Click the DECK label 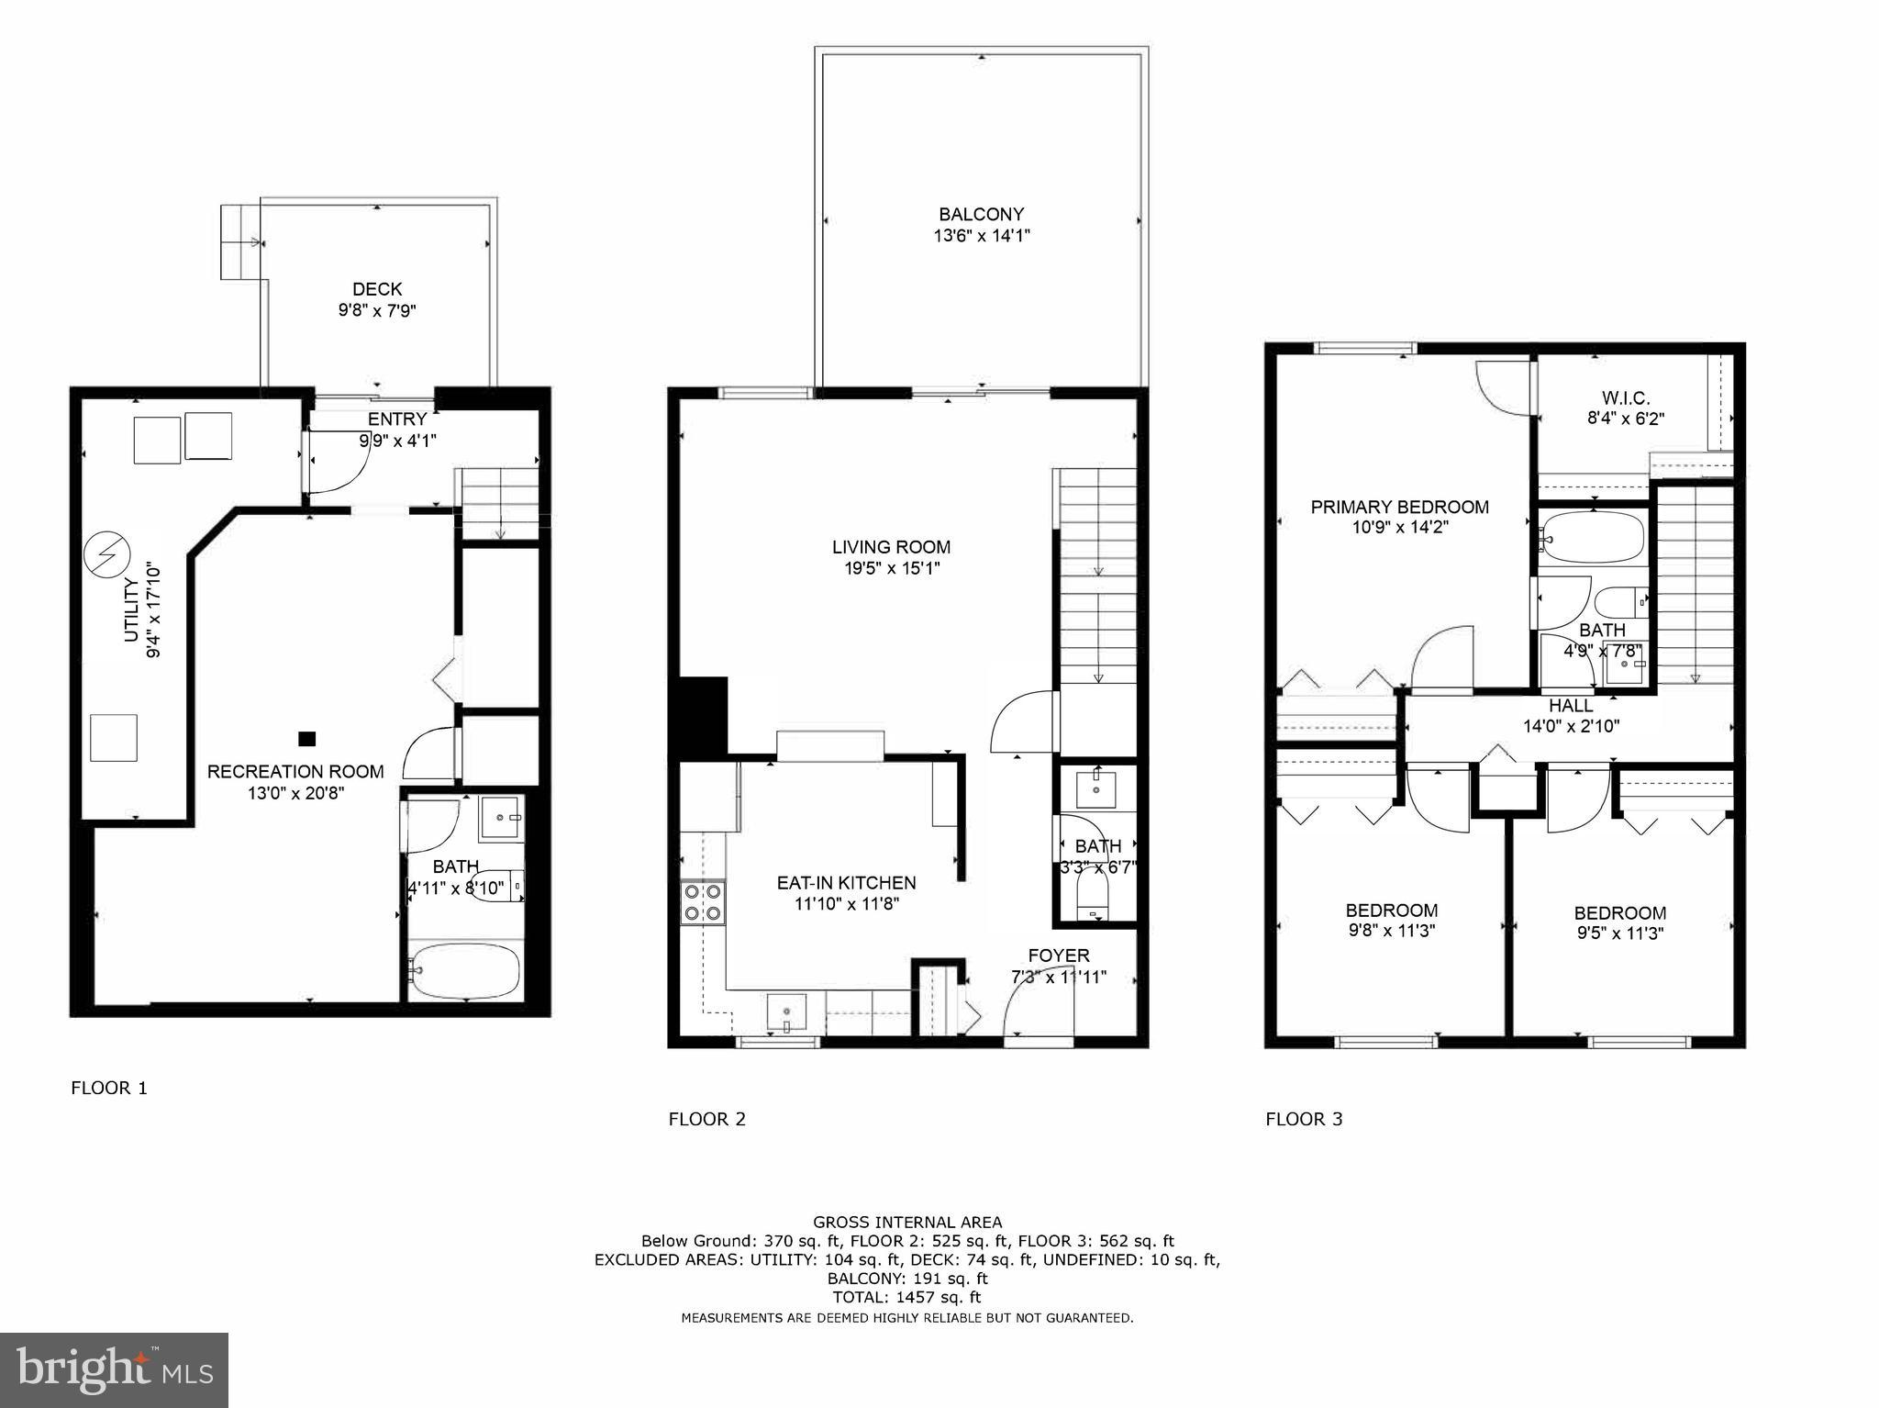pyautogui.click(x=377, y=289)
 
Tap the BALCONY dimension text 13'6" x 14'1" pyautogui.click(x=981, y=236)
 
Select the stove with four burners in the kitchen pyautogui.click(x=703, y=902)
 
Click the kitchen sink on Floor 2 pyautogui.click(x=786, y=1013)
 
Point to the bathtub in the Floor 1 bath pyautogui.click(x=466, y=971)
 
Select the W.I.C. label pyautogui.click(x=1626, y=398)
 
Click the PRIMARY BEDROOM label pyautogui.click(x=1399, y=507)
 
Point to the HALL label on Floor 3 pyautogui.click(x=1571, y=706)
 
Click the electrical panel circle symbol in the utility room pyautogui.click(x=107, y=555)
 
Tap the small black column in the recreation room pyautogui.click(x=307, y=738)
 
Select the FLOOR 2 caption pyautogui.click(x=706, y=1119)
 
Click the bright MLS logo pyautogui.click(x=114, y=1370)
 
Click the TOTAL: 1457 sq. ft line pyautogui.click(x=906, y=1297)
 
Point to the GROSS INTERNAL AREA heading pyautogui.click(x=906, y=1222)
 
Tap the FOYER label pyautogui.click(x=1059, y=955)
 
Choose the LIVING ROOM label pyautogui.click(x=891, y=547)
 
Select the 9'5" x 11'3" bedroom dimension pyautogui.click(x=1619, y=933)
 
